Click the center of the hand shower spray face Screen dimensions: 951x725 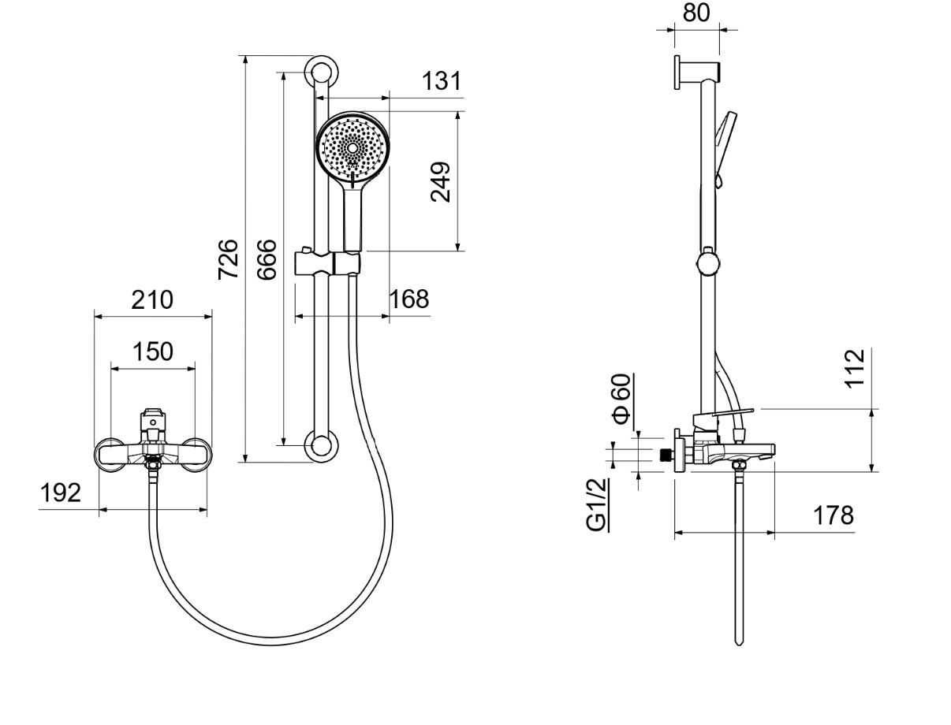(x=352, y=148)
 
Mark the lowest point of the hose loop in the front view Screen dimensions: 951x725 (x=270, y=641)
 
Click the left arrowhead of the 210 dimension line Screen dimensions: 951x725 (x=99, y=317)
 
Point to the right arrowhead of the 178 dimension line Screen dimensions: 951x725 (x=770, y=533)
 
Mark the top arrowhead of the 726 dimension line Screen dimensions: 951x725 (x=246, y=60)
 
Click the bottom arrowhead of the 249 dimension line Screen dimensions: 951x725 (x=457, y=247)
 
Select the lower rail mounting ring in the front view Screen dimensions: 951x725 (x=322, y=445)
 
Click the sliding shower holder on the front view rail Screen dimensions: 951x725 (x=327, y=262)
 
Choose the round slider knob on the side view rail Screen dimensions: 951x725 (x=708, y=262)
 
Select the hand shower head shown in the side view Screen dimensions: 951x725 (x=725, y=147)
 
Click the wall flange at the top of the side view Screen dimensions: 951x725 (x=677, y=72)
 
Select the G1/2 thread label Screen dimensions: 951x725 (x=596, y=505)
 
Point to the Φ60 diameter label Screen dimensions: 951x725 (x=621, y=399)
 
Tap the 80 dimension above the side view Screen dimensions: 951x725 (x=696, y=13)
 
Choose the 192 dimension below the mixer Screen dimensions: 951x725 (x=60, y=493)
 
